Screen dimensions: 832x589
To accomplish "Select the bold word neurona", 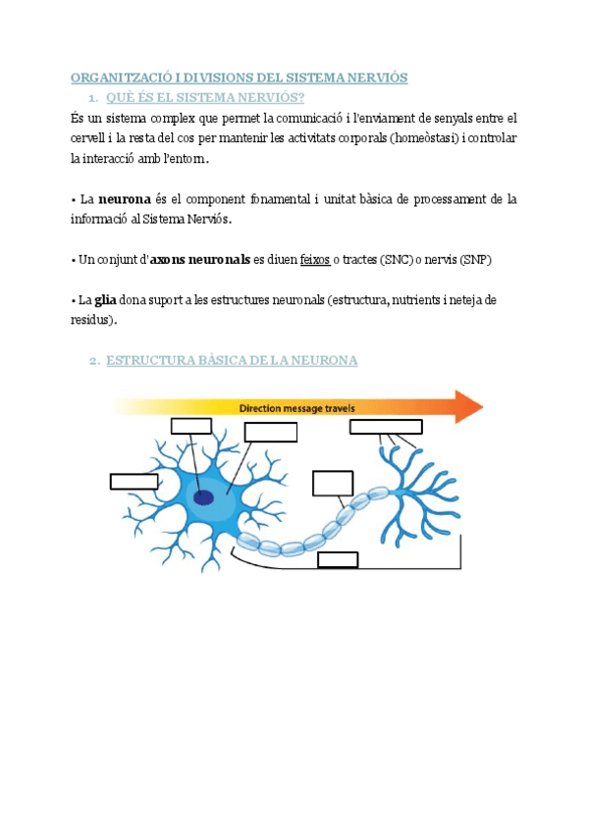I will (x=126, y=200).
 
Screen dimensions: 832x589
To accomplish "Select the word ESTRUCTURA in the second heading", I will (x=150, y=361).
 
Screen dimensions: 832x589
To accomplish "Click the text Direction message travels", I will (x=297, y=407).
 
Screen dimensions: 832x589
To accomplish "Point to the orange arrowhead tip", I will (x=481, y=406).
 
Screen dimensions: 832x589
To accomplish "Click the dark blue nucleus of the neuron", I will (x=203, y=497).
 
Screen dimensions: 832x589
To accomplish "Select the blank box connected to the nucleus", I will (x=191, y=425).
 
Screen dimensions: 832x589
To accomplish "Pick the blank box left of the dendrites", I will (x=134, y=481).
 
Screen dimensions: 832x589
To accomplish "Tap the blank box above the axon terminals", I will (x=386, y=426).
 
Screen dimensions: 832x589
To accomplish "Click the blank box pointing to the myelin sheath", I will (x=332, y=484).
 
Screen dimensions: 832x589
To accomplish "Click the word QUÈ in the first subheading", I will (x=119, y=97).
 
